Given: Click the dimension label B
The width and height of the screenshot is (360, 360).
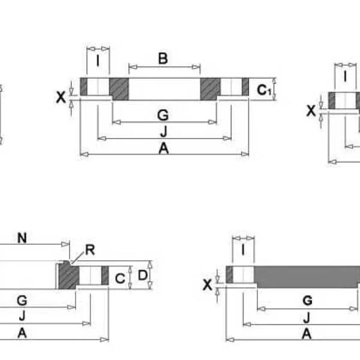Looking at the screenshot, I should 163,58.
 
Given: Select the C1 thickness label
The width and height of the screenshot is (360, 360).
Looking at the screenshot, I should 264,91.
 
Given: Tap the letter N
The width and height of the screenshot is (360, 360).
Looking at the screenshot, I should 22,238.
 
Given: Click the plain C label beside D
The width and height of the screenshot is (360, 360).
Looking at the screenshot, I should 119,278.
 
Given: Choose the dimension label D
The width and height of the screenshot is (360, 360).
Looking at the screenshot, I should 142,275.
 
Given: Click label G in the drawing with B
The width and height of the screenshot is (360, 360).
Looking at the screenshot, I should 163,115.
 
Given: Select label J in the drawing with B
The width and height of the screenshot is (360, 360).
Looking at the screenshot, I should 163,131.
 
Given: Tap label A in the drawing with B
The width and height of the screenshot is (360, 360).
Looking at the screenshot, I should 163,149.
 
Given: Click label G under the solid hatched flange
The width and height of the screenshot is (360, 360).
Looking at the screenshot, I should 306,300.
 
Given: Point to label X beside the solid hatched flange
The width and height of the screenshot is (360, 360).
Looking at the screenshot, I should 208,285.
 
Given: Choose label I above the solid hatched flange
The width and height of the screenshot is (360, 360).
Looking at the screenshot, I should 243,248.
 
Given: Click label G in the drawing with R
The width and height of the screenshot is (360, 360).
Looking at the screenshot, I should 22,299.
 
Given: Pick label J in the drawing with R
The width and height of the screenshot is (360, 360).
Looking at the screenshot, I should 22,316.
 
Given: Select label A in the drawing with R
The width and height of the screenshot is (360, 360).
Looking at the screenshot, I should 22,334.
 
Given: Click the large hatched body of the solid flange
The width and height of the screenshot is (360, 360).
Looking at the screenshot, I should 306,275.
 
